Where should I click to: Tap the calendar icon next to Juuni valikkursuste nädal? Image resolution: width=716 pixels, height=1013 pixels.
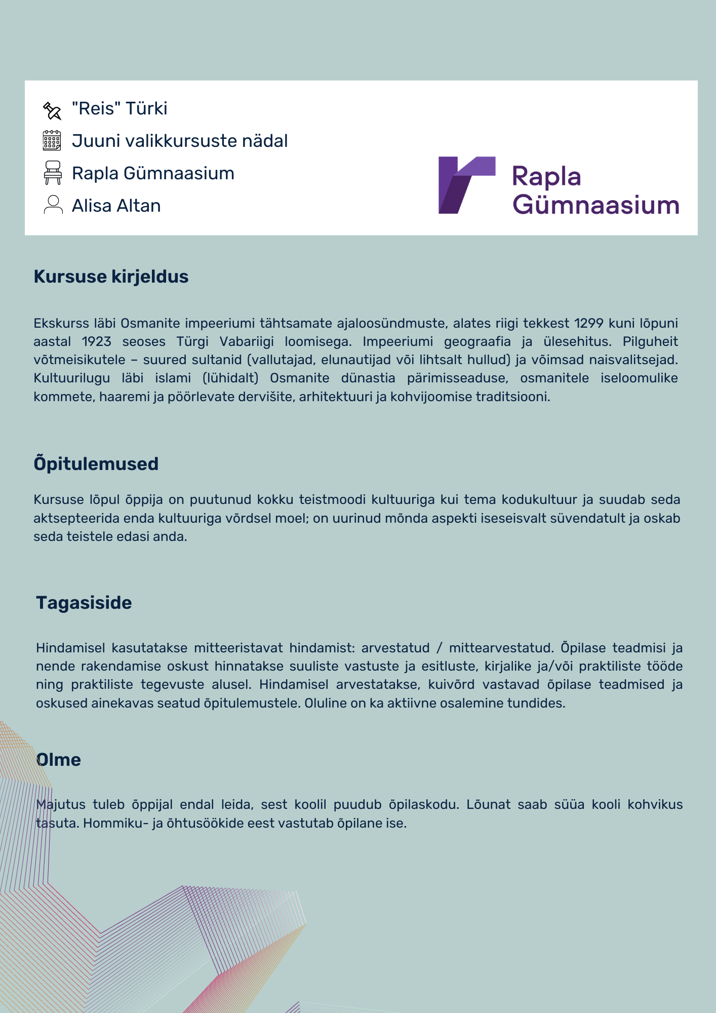52,141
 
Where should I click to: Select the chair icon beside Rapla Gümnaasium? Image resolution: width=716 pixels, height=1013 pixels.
53,173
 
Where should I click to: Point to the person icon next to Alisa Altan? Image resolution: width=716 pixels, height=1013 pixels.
53,205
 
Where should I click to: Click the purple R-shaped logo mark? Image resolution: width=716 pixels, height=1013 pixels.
466,185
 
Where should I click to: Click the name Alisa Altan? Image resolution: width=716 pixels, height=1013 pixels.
116,206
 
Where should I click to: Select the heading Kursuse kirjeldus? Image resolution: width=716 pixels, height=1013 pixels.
111,277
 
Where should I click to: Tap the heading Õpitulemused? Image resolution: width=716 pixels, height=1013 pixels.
96,464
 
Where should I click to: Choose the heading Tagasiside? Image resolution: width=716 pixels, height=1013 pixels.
84,603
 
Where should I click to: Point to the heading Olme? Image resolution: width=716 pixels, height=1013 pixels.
59,760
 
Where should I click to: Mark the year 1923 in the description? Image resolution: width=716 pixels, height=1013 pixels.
96,341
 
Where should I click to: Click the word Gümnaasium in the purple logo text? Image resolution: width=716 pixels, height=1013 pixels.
595,205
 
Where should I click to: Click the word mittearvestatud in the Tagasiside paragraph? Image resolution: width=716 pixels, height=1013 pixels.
501,648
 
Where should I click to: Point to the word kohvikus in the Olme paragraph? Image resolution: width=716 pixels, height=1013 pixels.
655,804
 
